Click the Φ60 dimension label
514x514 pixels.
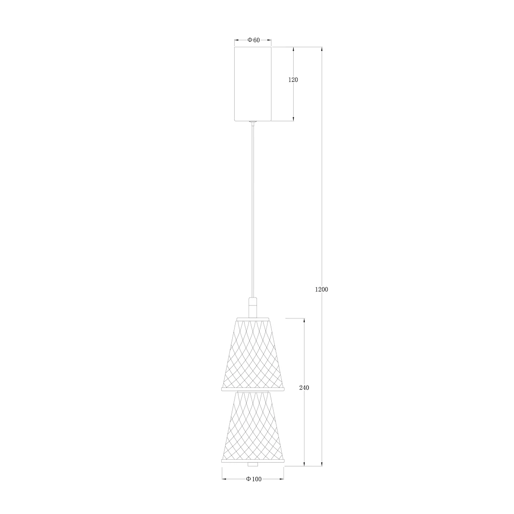[x=253, y=40]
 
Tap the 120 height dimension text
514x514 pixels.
[x=293, y=79]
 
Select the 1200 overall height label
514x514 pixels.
[x=321, y=289]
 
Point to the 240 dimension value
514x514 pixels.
[x=304, y=388]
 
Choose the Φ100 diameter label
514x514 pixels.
[x=254, y=479]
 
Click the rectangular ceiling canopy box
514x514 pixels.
[x=253, y=84]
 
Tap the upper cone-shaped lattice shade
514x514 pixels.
[x=253, y=355]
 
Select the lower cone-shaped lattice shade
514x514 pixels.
[x=253, y=425]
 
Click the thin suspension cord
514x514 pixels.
[x=252, y=210]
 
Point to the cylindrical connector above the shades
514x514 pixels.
[x=252, y=307]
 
